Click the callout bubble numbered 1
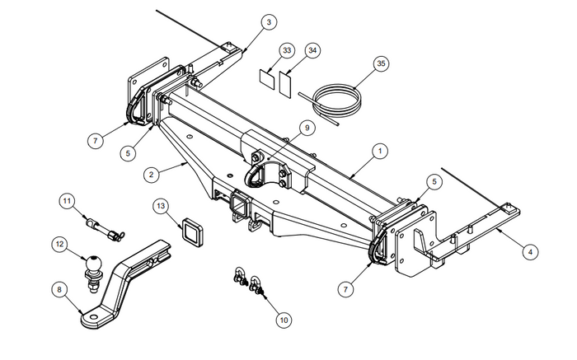(381, 151)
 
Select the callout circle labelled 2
(151, 175)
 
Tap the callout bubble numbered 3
(269, 22)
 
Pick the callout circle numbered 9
(305, 128)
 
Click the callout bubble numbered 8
(59, 289)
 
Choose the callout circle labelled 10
(284, 318)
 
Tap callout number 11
(67, 200)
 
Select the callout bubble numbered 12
(59, 243)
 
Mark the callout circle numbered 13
(162, 205)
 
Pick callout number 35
(379, 63)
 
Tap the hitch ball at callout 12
(91, 264)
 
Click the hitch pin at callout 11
(103, 227)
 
